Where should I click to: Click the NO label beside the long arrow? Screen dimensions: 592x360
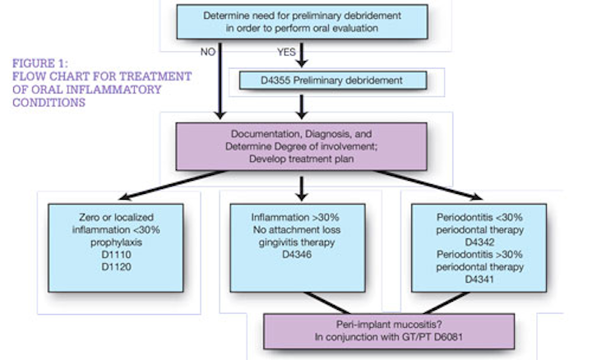pos(208,52)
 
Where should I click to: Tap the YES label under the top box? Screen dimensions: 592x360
pos(286,52)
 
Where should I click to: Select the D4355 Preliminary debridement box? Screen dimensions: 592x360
pos(333,81)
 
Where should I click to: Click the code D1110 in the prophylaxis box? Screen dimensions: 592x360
pos(116,254)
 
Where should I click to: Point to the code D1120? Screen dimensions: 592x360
pos(116,267)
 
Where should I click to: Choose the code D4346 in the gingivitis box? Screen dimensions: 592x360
pos(297,254)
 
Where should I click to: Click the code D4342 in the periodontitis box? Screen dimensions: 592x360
pos(479,242)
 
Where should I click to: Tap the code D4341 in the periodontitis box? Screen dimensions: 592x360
pos(479,279)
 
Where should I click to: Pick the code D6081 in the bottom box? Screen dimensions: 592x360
pos(448,337)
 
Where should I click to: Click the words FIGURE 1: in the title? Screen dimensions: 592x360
pos(40,63)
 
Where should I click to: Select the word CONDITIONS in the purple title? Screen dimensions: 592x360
pos(49,103)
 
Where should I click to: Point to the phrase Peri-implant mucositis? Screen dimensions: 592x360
pos(389,324)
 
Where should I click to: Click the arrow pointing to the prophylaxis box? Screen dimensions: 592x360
pos(173,185)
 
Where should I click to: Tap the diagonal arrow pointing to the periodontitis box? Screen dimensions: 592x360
pos(429,185)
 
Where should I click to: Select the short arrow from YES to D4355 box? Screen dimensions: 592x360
pos(301,55)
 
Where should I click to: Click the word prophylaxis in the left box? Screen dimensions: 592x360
pos(116,242)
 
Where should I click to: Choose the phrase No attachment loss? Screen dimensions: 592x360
pos(297,230)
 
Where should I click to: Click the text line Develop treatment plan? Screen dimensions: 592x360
pos(301,159)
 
